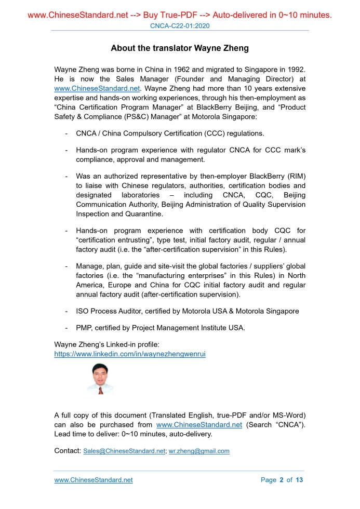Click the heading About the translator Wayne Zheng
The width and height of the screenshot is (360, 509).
coord(180,48)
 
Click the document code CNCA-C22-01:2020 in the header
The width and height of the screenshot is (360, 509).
coord(180,26)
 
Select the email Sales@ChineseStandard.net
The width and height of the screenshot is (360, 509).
coord(124,451)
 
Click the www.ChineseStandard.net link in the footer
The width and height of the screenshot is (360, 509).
coord(94,480)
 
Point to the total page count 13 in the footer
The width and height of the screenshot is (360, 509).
coord(299,480)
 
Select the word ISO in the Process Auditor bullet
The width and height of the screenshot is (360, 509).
coord(82,311)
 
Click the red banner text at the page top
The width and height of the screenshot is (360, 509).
coord(180,15)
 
